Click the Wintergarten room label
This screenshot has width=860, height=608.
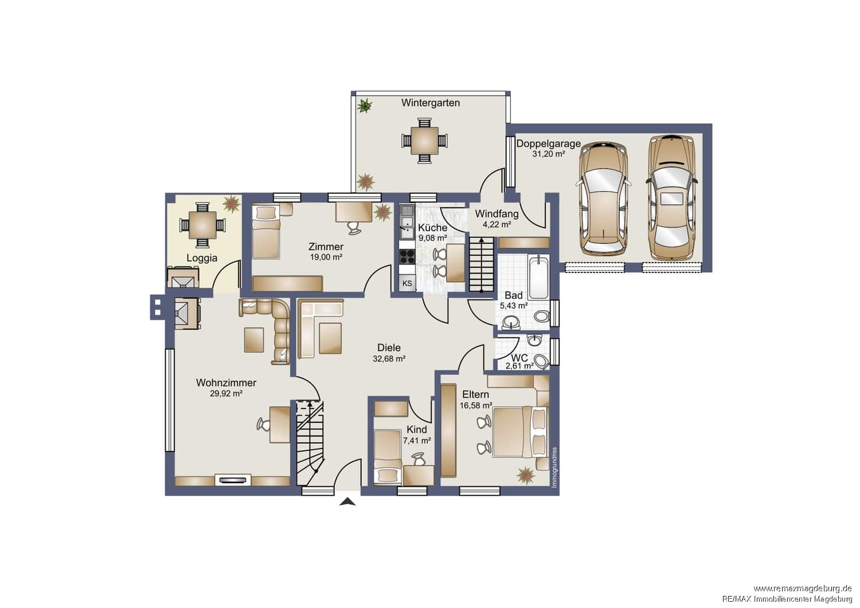(431, 103)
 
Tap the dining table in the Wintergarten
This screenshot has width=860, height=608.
(424, 141)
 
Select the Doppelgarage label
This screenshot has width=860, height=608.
(548, 144)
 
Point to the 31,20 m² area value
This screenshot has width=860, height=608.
(548, 154)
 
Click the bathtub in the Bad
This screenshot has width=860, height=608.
(538, 277)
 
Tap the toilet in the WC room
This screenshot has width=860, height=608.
(542, 361)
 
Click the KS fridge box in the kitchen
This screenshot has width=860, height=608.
(407, 283)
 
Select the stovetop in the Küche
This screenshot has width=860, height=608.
(407, 256)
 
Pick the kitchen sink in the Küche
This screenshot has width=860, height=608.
(406, 222)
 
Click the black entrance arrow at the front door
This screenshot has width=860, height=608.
(347, 501)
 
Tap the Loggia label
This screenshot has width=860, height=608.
(202, 258)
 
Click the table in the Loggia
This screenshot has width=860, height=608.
(202, 225)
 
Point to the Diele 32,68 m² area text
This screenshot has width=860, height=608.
(389, 358)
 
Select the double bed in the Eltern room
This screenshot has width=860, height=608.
(520, 432)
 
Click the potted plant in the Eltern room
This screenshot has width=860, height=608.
(526, 475)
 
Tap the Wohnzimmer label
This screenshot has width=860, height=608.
(226, 383)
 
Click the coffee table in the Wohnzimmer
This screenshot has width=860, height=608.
(254, 340)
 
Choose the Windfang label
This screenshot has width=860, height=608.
(497, 213)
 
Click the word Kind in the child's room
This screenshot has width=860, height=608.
(417, 430)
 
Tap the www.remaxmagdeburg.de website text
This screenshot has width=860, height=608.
(807, 588)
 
